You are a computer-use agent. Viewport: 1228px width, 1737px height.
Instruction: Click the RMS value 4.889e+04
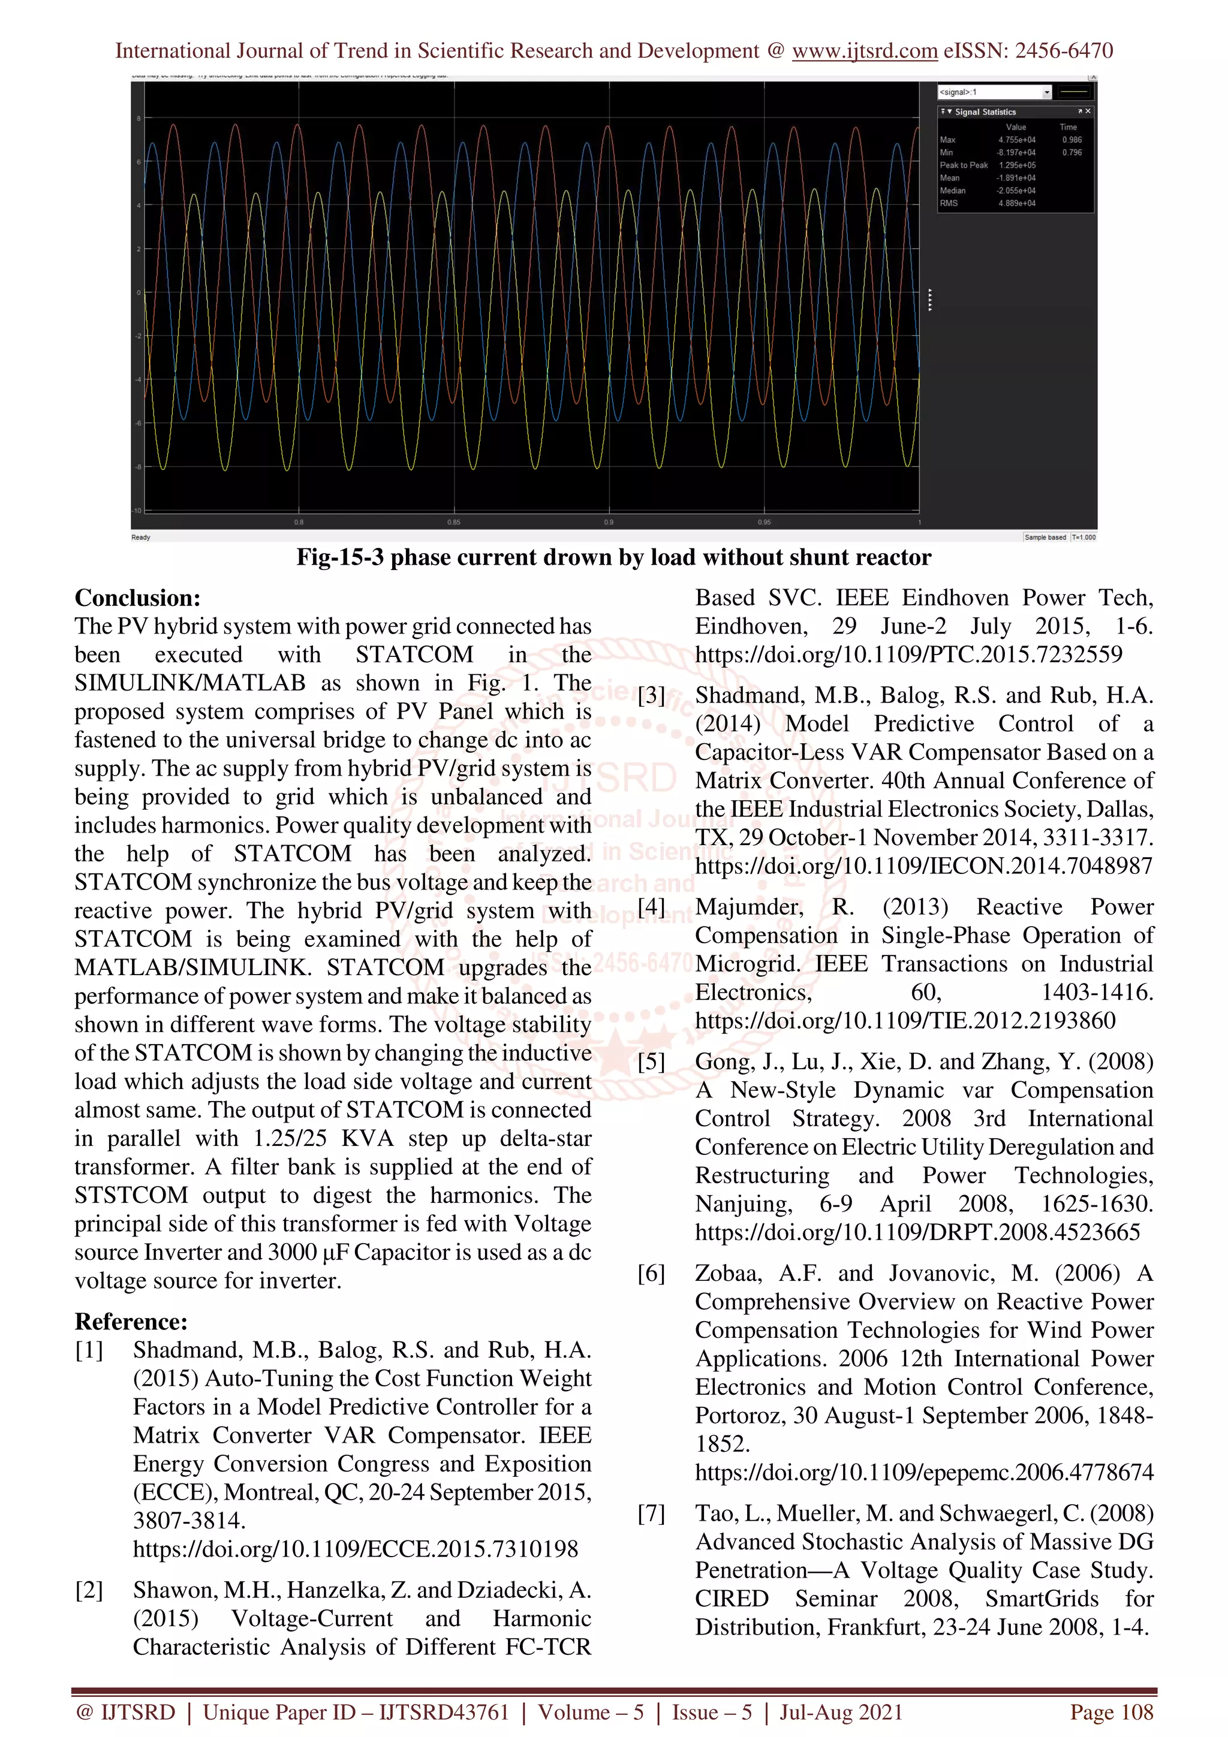click(1016, 204)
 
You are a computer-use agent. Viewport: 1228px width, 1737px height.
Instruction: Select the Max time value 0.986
click(1072, 140)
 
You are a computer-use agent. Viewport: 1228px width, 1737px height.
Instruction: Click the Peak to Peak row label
click(963, 165)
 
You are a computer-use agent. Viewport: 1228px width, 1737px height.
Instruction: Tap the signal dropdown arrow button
click(1046, 92)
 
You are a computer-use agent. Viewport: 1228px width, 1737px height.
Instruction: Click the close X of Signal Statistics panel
click(1088, 111)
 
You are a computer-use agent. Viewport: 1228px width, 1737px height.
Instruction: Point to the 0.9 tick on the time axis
click(609, 522)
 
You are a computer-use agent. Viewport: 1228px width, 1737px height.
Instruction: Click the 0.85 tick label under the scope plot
click(453, 522)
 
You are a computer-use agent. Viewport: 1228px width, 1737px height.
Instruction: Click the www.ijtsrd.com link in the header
click(864, 51)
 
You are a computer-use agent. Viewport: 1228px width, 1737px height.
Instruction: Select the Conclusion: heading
click(137, 598)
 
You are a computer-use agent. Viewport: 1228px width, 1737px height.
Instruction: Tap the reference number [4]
click(651, 906)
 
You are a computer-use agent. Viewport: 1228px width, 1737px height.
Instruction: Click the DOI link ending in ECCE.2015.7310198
click(355, 1549)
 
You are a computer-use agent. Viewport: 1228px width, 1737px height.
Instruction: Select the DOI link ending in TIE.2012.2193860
click(905, 1021)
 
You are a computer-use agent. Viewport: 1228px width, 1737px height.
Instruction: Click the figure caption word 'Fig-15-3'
click(341, 557)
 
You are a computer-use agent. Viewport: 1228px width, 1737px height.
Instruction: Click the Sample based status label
click(1045, 537)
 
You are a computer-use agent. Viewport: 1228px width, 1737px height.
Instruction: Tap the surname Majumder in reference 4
click(748, 906)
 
